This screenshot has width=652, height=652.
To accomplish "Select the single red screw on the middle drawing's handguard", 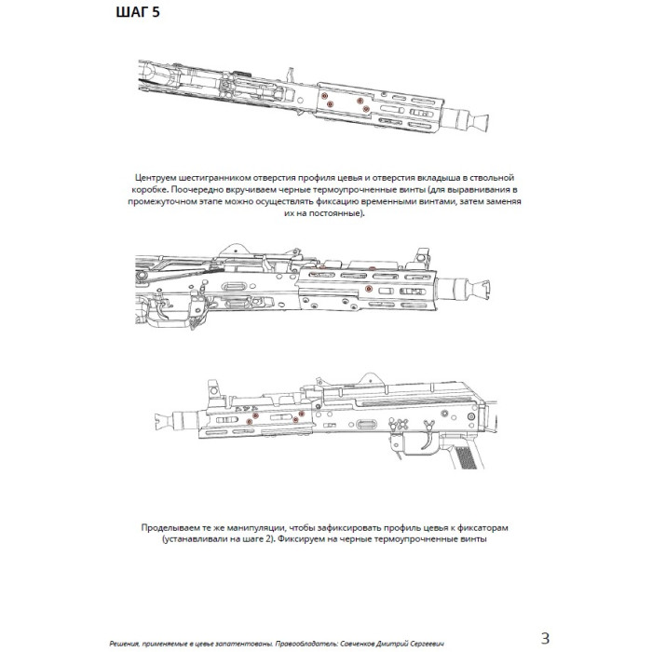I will pyautogui.click(x=368, y=290).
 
